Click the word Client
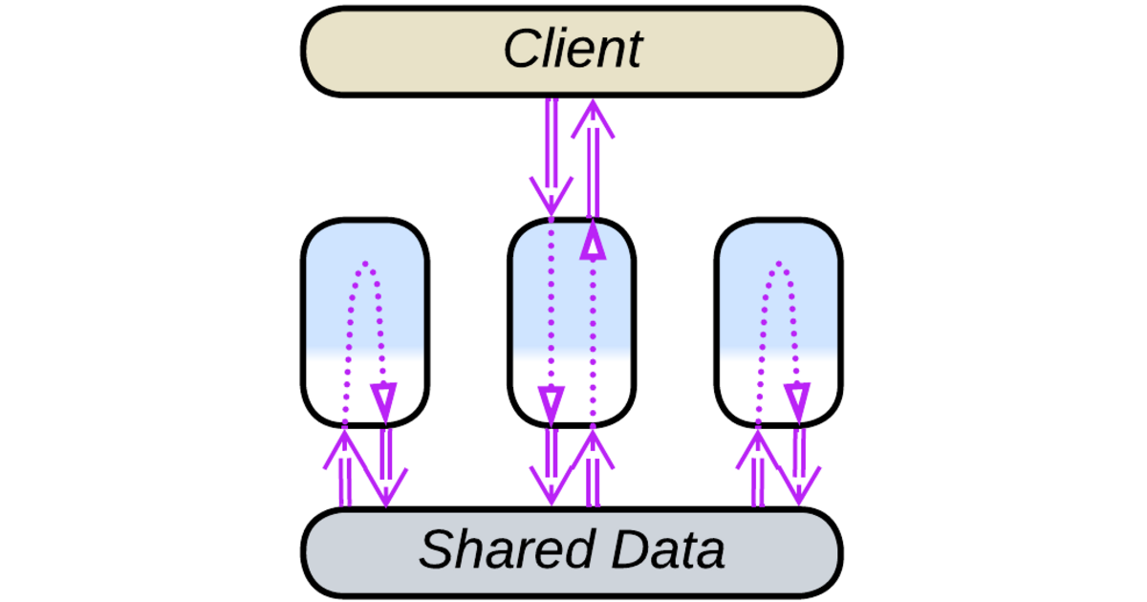click(x=573, y=50)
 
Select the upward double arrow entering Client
click(x=593, y=158)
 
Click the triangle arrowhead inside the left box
click(x=384, y=397)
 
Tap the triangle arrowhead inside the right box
click(x=798, y=397)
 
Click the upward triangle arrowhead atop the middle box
click(x=593, y=245)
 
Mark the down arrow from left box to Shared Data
click(x=385, y=468)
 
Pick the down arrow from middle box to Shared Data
click(x=552, y=468)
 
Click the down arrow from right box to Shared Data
click(x=799, y=468)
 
